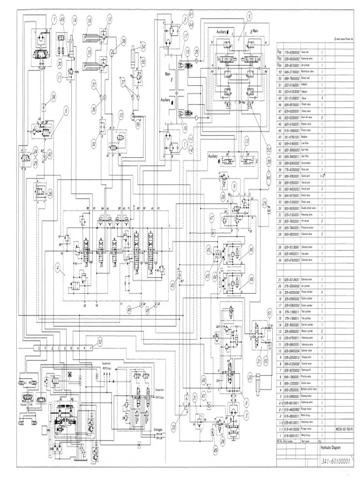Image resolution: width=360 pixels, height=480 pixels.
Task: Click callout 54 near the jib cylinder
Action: [x=143, y=45]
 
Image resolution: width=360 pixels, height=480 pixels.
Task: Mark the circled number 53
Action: [x=269, y=150]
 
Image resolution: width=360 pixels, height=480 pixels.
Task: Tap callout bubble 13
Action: [x=246, y=141]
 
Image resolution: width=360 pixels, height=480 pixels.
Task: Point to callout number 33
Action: [x=173, y=426]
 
